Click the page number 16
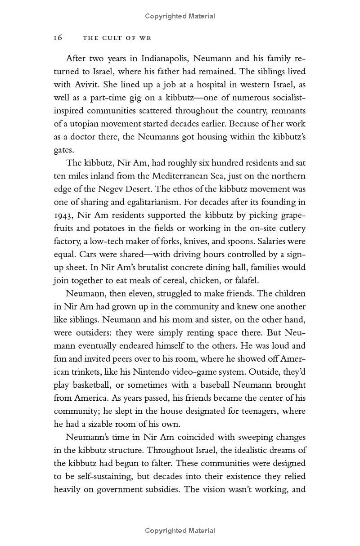click(x=58, y=38)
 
